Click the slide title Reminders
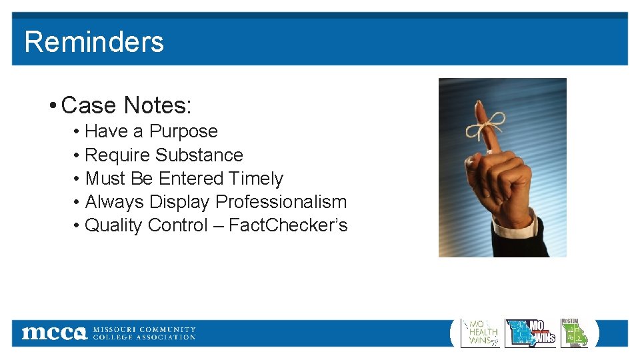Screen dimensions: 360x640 coord(94,42)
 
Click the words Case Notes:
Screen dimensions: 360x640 coord(126,105)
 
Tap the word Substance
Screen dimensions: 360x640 coord(199,155)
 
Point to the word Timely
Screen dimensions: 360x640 coord(256,179)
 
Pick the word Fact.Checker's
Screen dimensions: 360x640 coord(288,225)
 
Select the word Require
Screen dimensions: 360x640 coord(118,155)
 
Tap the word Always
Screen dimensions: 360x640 coord(115,202)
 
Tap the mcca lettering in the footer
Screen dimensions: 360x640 coord(54,333)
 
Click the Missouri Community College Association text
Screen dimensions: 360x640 coord(144,333)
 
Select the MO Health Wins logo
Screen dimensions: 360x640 coord(480,333)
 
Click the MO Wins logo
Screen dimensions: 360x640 coord(531,333)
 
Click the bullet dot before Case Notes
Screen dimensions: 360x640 coord(52,106)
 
